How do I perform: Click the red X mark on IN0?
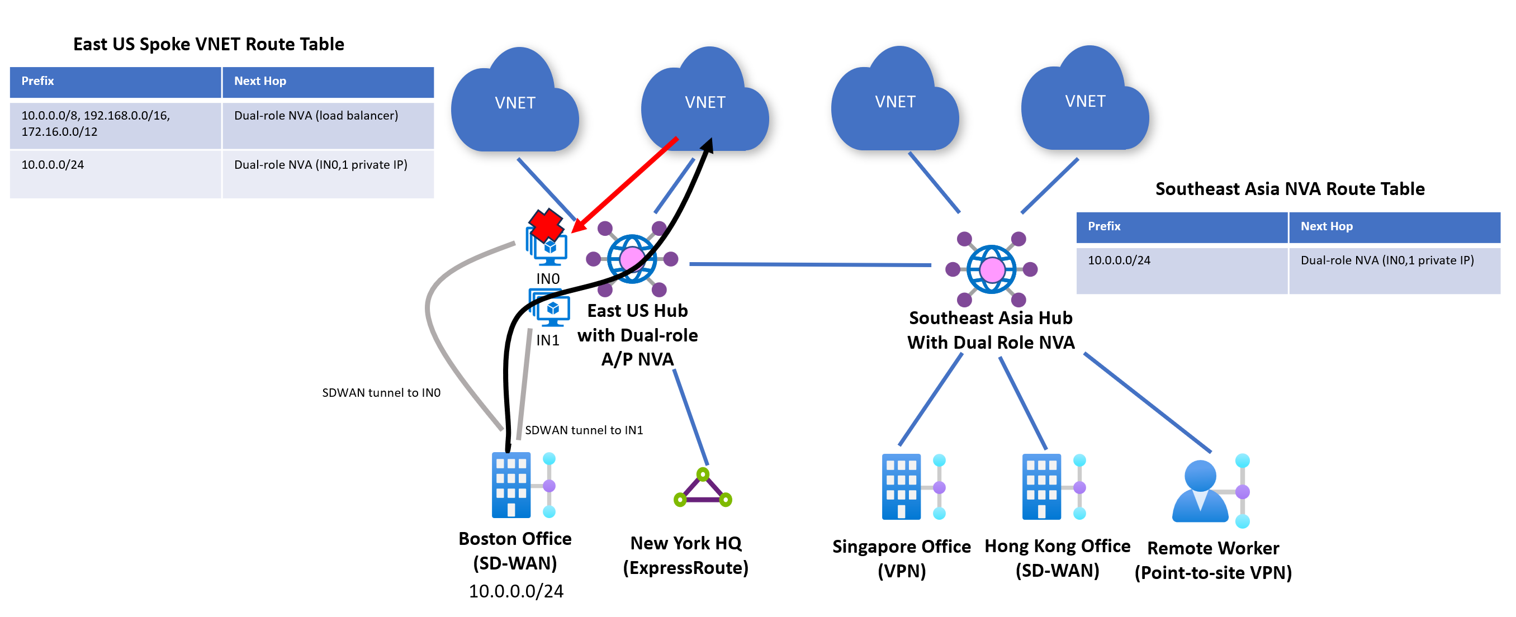[x=546, y=225]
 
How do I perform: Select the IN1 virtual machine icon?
[x=551, y=310]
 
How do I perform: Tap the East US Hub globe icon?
[x=632, y=259]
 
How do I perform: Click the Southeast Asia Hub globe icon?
[x=992, y=269]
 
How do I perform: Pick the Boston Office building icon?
[x=511, y=485]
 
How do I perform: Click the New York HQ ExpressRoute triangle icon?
[x=703, y=488]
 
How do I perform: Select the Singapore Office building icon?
[x=901, y=486]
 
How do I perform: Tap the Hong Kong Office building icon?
[x=1041, y=486]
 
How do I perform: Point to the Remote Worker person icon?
[x=1201, y=492]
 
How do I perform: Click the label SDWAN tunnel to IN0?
[x=381, y=393]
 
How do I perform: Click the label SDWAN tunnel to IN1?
[x=584, y=430]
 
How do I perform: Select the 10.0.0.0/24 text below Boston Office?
[x=516, y=591]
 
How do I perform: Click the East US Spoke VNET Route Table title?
[x=209, y=44]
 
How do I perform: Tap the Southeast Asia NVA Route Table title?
[x=1290, y=189]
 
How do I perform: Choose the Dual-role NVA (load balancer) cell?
[x=316, y=116]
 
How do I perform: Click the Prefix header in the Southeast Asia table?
[x=1103, y=226]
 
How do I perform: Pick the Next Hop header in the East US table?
[x=260, y=81]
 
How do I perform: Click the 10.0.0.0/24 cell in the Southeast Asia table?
[x=1119, y=260]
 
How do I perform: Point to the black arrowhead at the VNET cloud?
[x=708, y=145]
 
